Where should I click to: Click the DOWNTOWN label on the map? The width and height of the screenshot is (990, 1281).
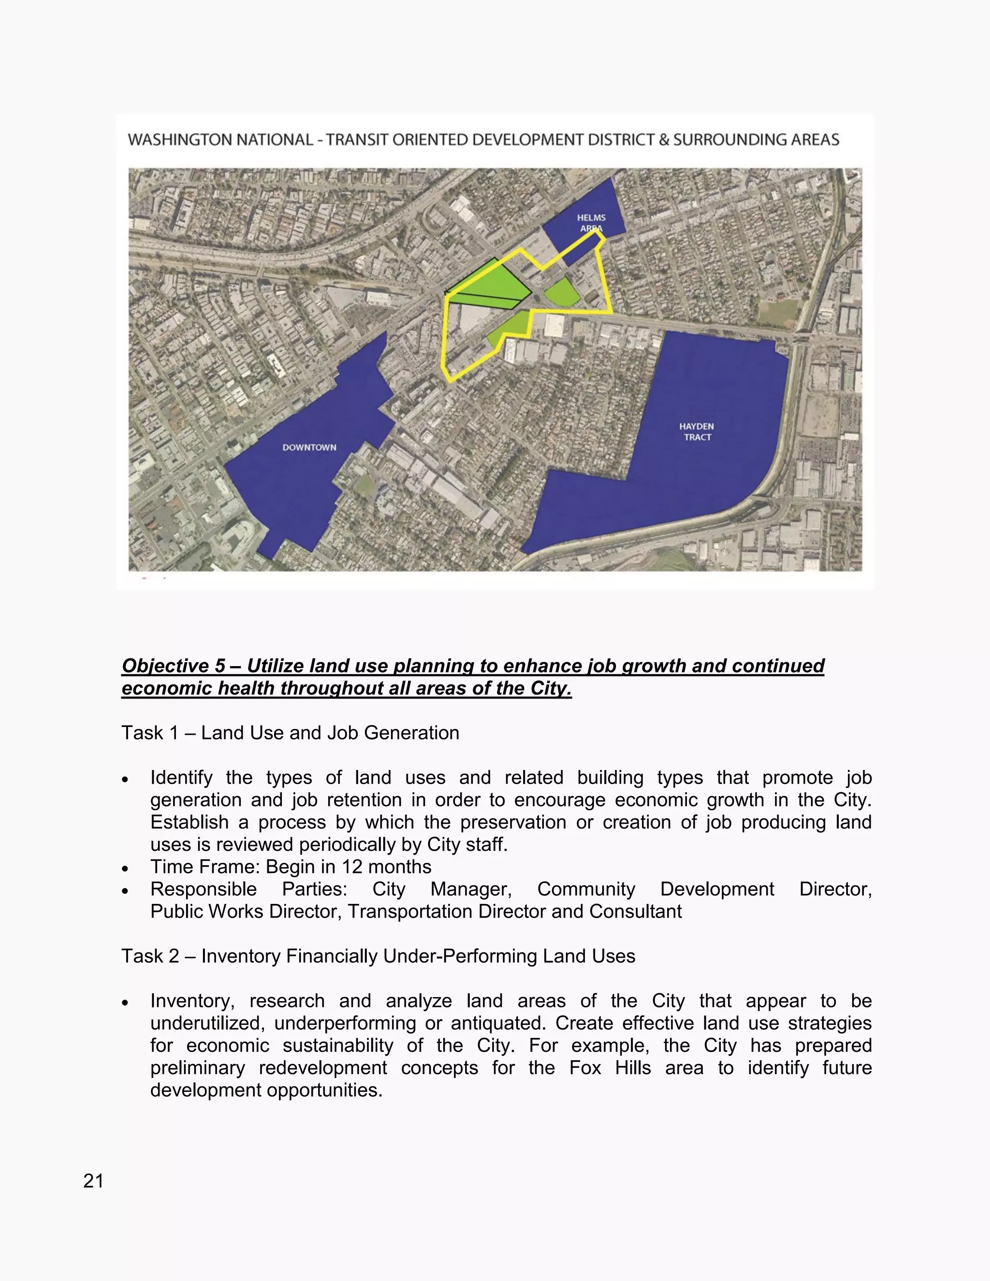pos(309,448)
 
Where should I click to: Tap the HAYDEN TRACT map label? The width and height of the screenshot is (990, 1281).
pos(697,432)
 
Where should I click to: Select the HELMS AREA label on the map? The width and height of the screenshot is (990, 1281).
pos(591,223)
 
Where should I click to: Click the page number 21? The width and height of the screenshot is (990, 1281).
pos(93,1181)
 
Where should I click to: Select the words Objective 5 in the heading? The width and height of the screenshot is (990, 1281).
pos(173,666)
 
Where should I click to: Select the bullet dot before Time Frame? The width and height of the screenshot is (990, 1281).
pos(125,868)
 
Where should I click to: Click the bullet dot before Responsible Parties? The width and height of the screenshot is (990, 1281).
pos(125,890)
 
